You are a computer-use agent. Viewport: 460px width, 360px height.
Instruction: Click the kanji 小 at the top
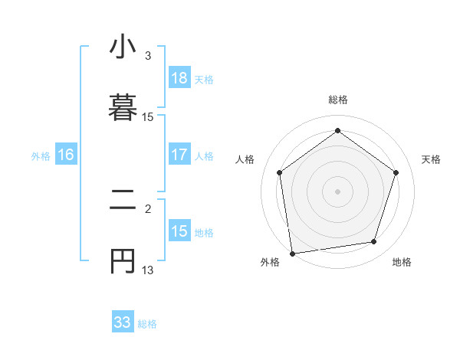123,47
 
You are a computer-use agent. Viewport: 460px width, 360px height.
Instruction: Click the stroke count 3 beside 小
148,56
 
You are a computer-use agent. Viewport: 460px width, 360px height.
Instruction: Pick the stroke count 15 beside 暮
148,117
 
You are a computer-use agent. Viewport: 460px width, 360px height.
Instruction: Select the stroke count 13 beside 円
148,269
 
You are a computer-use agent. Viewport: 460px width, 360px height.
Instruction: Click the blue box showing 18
179,77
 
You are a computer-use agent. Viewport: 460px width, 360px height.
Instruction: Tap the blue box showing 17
179,155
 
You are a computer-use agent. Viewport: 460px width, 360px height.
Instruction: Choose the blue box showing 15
179,231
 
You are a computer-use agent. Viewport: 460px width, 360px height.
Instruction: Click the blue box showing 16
66,155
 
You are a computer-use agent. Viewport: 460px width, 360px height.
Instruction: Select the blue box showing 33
123,322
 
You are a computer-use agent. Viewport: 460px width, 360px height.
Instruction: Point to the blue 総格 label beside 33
147,324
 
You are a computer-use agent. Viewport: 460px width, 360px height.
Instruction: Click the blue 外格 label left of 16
41,156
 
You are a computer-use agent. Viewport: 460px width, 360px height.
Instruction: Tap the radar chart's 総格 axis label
338,100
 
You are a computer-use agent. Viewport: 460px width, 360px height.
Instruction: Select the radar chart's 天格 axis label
432,159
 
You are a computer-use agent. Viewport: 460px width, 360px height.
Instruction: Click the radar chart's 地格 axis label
402,262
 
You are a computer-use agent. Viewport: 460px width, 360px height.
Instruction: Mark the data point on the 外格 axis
292,253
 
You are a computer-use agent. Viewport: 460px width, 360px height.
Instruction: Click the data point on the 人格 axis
280,172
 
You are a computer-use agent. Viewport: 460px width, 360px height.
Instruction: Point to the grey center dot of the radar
338,191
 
